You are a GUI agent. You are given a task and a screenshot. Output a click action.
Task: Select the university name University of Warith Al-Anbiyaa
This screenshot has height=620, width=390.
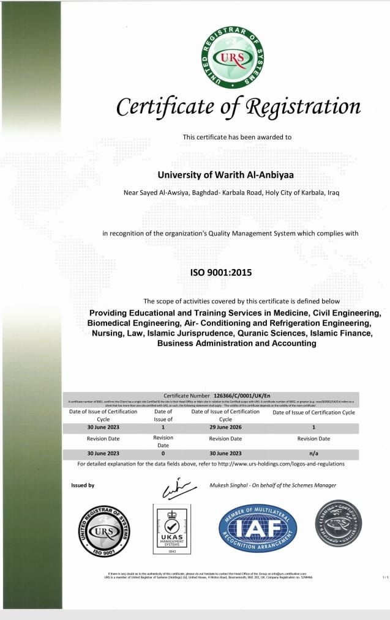(226, 175)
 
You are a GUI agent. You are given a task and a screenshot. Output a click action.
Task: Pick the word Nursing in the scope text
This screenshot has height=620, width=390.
(110, 333)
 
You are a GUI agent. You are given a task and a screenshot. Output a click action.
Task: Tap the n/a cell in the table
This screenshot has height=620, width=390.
(313, 454)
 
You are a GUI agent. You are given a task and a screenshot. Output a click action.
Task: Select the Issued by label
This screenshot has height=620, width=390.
(83, 485)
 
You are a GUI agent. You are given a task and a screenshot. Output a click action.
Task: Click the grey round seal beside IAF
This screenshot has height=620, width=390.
(338, 523)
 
